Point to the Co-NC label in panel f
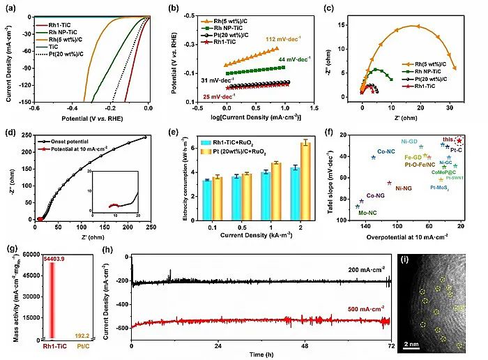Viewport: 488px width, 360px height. [x=386, y=151]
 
